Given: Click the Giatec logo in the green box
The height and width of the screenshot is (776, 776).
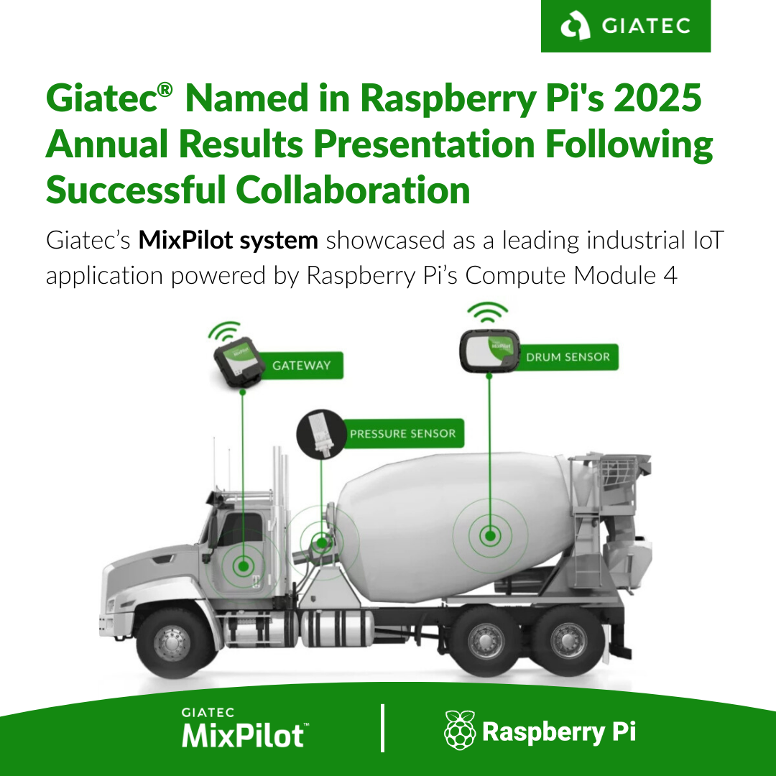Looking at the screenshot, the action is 626,26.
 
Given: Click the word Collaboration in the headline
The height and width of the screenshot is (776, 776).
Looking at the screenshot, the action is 353,190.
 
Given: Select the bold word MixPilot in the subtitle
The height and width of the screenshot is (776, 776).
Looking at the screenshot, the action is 185,240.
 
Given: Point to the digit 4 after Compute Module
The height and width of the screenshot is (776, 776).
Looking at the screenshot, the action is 670,275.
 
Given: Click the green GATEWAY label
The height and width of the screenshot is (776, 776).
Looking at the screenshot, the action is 301,365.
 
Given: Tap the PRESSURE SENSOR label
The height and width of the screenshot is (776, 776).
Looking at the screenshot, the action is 403,433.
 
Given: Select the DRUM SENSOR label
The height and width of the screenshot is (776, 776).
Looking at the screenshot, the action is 568,357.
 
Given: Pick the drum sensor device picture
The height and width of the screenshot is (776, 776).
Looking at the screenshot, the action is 490,351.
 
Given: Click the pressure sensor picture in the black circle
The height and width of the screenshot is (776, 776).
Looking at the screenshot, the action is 320,433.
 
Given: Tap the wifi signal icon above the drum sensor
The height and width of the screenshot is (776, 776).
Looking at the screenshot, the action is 488,313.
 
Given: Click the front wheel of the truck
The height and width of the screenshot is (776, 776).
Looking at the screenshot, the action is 172,643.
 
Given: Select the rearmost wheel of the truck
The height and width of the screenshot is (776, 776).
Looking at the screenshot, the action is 568,642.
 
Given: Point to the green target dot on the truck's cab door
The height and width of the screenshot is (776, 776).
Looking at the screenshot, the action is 243,565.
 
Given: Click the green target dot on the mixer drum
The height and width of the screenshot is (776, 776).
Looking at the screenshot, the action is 490,535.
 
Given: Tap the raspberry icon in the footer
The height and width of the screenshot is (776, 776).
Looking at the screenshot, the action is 460,731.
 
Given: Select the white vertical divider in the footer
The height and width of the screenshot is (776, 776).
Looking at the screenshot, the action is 382,728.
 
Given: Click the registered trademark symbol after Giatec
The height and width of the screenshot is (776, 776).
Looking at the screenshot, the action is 165,90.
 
